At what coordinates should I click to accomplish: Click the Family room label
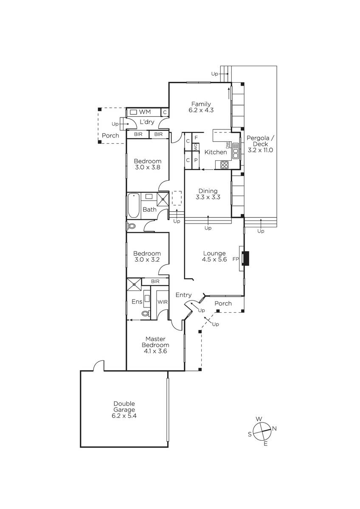tap(201, 104)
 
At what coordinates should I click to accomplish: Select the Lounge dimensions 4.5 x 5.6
tap(214, 260)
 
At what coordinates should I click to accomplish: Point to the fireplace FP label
tap(236, 259)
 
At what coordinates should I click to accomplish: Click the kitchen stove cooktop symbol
tap(224, 165)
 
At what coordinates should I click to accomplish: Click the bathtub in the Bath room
tap(133, 206)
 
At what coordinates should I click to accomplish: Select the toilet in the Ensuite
tap(146, 313)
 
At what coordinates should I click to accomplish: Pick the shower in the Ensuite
tap(134, 284)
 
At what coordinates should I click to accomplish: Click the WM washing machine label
tap(145, 112)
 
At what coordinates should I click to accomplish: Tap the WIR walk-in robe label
tap(163, 302)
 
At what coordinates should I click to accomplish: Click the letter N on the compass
tap(274, 429)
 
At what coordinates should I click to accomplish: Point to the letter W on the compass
tap(259, 419)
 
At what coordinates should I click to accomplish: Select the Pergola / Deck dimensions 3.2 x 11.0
tap(260, 150)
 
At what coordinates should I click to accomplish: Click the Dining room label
tap(208, 191)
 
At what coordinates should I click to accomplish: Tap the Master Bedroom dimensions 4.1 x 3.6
tap(155, 351)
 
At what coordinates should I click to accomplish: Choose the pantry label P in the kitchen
tap(196, 160)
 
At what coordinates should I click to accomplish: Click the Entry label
tap(183, 295)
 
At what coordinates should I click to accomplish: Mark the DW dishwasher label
tap(227, 145)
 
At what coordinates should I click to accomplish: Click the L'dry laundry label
tap(147, 122)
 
